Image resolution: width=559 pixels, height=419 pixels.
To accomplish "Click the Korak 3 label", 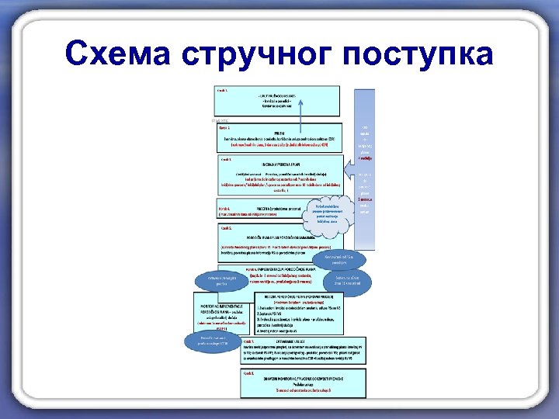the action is click(x=227, y=159).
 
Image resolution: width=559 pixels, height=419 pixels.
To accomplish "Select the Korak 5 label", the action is click(x=227, y=228).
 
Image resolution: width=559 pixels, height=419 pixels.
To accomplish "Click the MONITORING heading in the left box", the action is click(x=216, y=306).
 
